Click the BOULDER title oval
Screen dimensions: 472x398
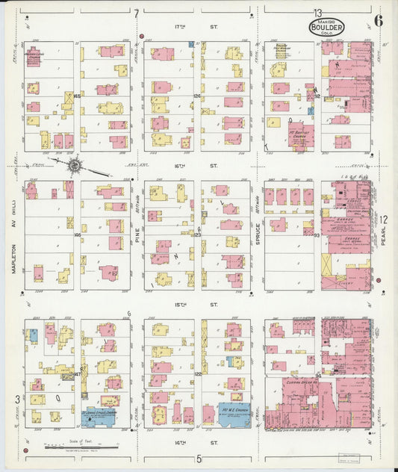click(x=326, y=28)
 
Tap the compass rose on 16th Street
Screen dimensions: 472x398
click(x=74, y=164)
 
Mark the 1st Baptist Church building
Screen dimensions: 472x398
click(x=299, y=137)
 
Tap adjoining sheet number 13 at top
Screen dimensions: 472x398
click(x=317, y=13)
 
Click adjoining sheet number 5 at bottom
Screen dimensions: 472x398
click(x=199, y=459)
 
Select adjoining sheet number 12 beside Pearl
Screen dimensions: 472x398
click(x=383, y=219)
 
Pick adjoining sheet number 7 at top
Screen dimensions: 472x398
click(x=137, y=13)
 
